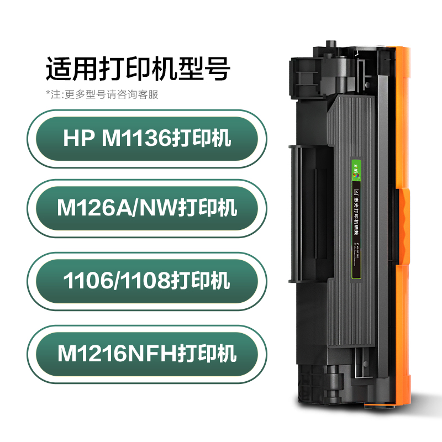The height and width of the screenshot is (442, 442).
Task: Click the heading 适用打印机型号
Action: [138, 70]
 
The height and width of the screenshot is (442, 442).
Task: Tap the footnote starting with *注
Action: [102, 94]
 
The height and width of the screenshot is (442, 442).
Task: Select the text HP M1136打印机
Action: [147, 138]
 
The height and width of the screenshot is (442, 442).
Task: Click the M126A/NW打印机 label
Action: [147, 208]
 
